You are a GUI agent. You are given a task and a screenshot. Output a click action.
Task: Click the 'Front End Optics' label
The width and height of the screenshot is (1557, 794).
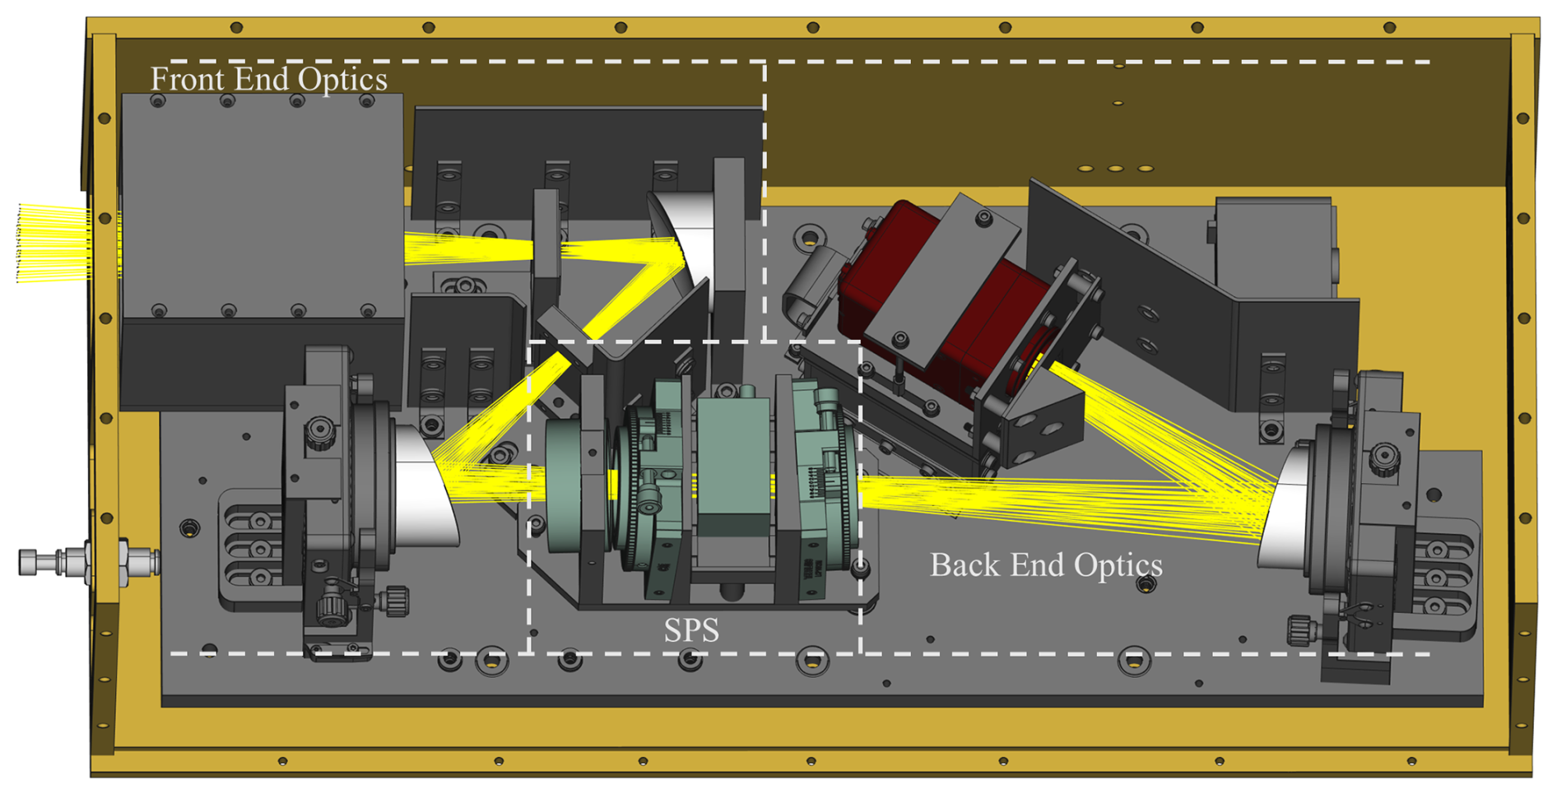(268, 79)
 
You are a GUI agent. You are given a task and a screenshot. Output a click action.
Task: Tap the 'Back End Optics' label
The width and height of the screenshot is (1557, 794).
(1046, 565)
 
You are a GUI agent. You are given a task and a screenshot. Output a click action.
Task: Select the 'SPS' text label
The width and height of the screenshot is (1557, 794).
(691, 630)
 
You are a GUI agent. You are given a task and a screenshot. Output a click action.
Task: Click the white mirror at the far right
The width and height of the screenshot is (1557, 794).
(1284, 502)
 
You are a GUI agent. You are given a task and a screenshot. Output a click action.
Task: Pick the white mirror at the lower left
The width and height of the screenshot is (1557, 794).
(425, 485)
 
